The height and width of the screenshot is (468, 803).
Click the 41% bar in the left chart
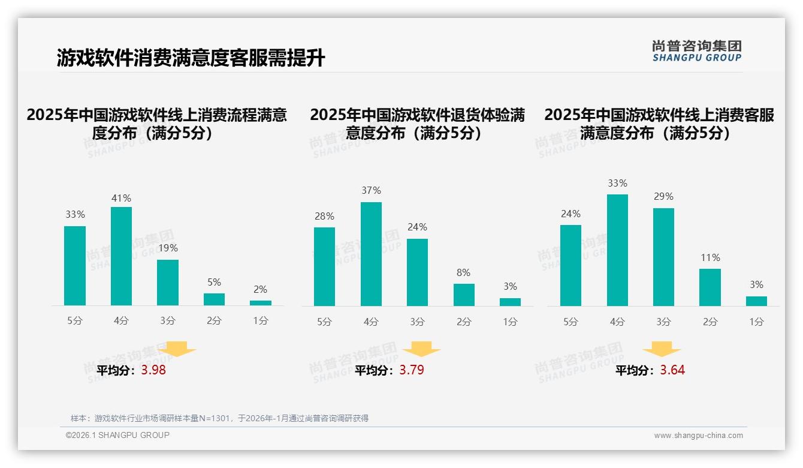(x=121, y=256)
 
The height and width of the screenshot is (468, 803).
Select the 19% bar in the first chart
(x=168, y=283)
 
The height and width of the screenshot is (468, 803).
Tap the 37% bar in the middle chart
(x=371, y=254)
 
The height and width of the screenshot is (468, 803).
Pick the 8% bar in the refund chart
(x=464, y=295)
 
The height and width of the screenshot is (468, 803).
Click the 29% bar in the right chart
(x=663, y=257)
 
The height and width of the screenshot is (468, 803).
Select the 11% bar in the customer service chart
(x=710, y=287)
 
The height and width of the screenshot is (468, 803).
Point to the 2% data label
(x=260, y=289)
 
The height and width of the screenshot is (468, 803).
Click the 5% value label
(x=214, y=282)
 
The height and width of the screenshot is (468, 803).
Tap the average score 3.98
(x=153, y=370)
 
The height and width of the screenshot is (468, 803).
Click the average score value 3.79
(x=412, y=370)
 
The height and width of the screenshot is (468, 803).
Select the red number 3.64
(x=672, y=370)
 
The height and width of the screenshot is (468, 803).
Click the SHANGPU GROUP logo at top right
(x=697, y=51)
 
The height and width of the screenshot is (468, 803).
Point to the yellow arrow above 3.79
(x=421, y=349)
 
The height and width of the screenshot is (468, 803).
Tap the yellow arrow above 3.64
(x=662, y=349)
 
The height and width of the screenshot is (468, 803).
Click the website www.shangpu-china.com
(x=698, y=436)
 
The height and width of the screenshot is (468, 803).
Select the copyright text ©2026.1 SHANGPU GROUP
(x=117, y=435)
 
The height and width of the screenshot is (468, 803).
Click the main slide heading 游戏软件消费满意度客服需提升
(x=191, y=58)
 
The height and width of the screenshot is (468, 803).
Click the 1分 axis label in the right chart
(x=756, y=322)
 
